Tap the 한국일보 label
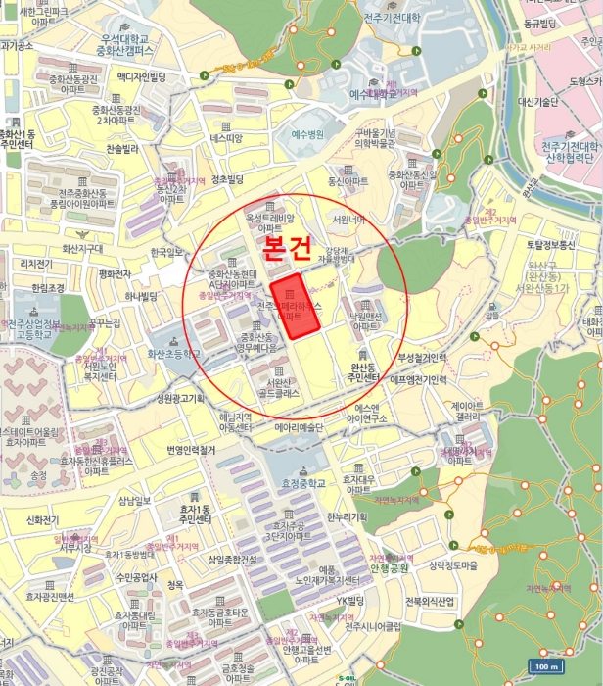167,252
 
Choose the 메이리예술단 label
299,427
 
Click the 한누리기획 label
347,516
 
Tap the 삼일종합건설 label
232,560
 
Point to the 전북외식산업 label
432,601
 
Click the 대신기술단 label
538,101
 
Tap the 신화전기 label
43,520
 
